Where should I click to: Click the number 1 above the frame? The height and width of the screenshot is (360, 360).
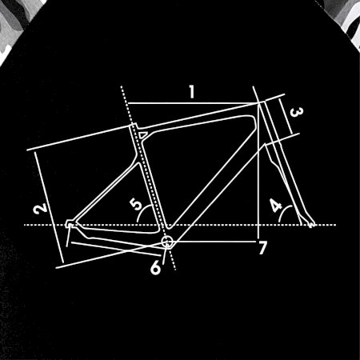pos(192,92)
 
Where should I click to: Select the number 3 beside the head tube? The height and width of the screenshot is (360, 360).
pos(296,112)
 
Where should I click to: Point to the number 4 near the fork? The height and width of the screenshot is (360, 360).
pos(276,206)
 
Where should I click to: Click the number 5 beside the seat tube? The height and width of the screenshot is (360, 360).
pos(136,204)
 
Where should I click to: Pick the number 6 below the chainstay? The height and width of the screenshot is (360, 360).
pos(155,267)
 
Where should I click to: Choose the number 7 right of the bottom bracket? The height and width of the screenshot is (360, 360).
pos(262,248)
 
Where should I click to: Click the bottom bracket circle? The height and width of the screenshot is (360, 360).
pos(167,242)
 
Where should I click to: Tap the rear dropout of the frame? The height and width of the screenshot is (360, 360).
pos(70,224)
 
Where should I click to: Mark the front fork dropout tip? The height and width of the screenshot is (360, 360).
pos(311,225)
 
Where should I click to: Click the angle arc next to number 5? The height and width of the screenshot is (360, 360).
pos(142,212)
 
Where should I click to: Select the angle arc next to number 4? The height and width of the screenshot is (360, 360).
pos(284,213)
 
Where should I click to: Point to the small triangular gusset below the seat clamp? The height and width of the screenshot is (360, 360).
pos(142,134)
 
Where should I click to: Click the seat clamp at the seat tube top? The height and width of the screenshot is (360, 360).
pos(134,126)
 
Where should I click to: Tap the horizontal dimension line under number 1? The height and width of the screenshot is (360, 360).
pos(194,103)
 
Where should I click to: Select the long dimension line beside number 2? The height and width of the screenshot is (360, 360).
pos(50,207)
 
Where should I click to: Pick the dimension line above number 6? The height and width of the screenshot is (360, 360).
pos(116,249)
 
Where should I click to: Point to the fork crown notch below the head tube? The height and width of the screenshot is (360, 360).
pos(266,146)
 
